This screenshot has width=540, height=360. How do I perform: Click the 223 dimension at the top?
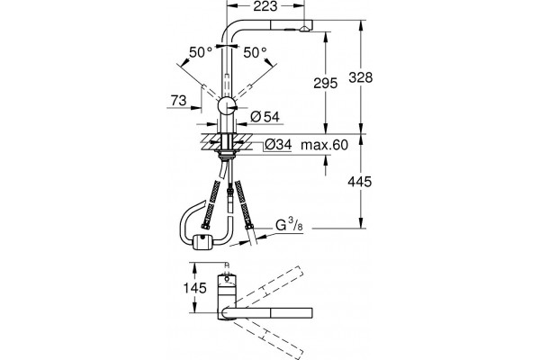click(x=265, y=6)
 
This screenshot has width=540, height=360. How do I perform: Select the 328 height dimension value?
click(x=361, y=77)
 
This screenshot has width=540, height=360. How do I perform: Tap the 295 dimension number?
click(x=326, y=83)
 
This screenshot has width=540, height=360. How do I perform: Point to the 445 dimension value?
click(x=360, y=181)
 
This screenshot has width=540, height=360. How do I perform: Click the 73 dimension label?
click(x=178, y=100)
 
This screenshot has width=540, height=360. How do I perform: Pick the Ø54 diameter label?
click(x=265, y=117)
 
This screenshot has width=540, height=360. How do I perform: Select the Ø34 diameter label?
click(x=279, y=145)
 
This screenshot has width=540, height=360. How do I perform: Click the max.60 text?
click(x=324, y=145)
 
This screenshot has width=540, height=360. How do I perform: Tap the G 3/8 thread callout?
click(x=289, y=225)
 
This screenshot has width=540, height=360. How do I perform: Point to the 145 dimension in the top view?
click(x=194, y=288)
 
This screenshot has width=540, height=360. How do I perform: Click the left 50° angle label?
click(x=201, y=53)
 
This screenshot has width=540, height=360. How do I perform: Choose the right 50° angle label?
click(x=255, y=53)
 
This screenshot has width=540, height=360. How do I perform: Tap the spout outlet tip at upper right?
click(x=305, y=28)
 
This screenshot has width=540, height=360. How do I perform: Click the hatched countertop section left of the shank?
click(x=210, y=141)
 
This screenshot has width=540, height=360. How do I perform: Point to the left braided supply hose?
click(x=211, y=204)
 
